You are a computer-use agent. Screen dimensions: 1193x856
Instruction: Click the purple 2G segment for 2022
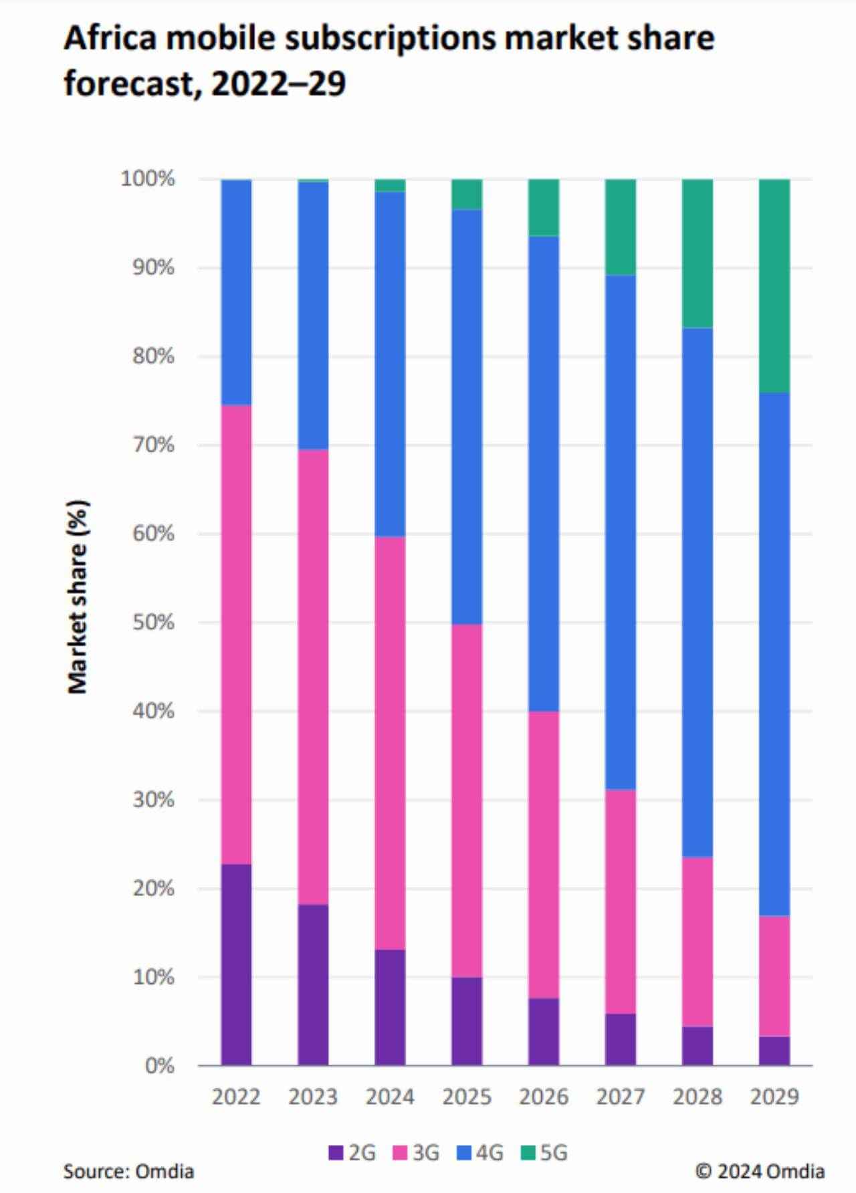point(236,964)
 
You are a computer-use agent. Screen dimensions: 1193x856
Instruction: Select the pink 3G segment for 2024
point(390,742)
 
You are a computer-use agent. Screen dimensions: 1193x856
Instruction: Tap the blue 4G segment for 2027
point(621,532)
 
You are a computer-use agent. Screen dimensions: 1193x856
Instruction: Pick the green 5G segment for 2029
point(774,286)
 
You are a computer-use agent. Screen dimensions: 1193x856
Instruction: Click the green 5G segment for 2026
point(544,207)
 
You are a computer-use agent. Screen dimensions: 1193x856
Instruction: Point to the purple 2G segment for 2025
point(467,1020)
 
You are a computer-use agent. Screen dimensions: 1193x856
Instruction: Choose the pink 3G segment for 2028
point(698,942)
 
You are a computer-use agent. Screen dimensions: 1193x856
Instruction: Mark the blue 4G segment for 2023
point(313,316)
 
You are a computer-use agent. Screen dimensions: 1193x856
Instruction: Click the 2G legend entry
point(352,1153)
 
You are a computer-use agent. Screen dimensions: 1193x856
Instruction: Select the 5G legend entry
point(544,1153)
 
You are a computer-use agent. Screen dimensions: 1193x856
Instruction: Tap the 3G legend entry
point(416,1153)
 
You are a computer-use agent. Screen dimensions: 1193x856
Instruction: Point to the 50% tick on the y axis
point(153,623)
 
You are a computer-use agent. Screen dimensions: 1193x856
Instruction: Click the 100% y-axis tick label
point(148,179)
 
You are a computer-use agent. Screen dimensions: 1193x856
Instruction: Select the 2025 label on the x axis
point(467,1097)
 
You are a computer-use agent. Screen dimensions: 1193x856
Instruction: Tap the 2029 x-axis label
point(774,1097)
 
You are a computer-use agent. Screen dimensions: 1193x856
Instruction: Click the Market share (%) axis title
point(78,596)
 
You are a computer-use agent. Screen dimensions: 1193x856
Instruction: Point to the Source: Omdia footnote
point(128,1172)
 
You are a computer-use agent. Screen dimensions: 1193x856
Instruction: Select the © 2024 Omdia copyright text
point(760,1172)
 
